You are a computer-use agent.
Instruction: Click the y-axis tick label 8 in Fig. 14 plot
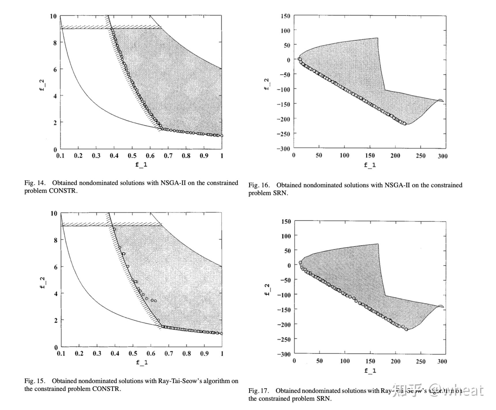click(x=55, y=42)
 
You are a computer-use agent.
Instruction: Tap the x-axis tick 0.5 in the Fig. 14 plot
click(x=132, y=156)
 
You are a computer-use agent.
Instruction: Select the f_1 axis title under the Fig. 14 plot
click(x=141, y=165)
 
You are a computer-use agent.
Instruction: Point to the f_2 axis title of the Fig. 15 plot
click(x=42, y=283)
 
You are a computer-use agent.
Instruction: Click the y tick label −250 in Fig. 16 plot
click(x=283, y=134)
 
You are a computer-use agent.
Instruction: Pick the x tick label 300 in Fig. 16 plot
click(x=442, y=156)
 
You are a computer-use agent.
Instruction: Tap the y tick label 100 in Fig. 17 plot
click(x=286, y=236)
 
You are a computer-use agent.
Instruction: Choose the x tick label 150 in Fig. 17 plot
click(x=370, y=361)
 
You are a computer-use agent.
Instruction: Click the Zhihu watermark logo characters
click(x=412, y=390)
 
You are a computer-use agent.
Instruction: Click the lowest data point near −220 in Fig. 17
click(x=406, y=329)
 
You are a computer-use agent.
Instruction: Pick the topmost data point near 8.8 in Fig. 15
click(x=114, y=229)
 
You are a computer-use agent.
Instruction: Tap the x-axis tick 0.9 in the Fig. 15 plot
click(x=204, y=353)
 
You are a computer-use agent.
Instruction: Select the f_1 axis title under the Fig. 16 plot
click(x=370, y=165)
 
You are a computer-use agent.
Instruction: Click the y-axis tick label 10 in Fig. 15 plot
click(x=54, y=213)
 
